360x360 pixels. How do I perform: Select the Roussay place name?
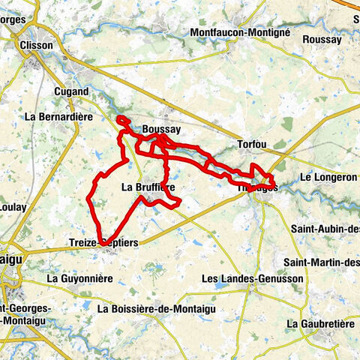tap(323, 39)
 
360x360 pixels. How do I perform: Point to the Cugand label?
tap(71, 91)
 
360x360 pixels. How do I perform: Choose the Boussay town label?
tap(160, 129)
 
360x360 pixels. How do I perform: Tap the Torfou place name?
tap(251, 143)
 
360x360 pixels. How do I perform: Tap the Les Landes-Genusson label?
tap(241, 279)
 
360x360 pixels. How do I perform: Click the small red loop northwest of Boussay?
tap(123, 120)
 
